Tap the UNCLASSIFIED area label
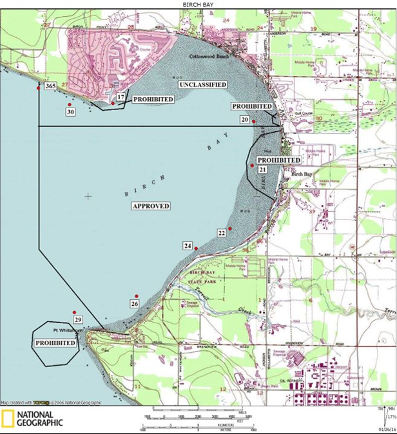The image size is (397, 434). pyautogui.click(x=202, y=84)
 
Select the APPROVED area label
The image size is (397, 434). pyautogui.click(x=151, y=206)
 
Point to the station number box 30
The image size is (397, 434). pyautogui.click(x=71, y=111)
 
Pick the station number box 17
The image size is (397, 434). pyautogui.click(x=121, y=97)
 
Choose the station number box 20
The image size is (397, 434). pyautogui.click(x=245, y=119)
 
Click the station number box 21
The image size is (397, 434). pyautogui.click(x=263, y=169)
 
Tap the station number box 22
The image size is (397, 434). pyautogui.click(x=221, y=233)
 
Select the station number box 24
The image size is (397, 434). pyautogui.click(x=188, y=245)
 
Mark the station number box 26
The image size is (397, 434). pyautogui.click(x=135, y=303)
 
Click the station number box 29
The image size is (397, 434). pyautogui.click(x=78, y=320)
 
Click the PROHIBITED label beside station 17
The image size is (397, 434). pyautogui.click(x=153, y=100)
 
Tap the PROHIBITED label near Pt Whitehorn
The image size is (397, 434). pyautogui.click(x=55, y=343)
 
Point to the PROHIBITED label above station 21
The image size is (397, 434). pyautogui.click(x=278, y=160)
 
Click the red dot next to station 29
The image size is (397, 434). pyautogui.click(x=75, y=312)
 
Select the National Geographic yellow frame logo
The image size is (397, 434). pyautogui.click(x=8, y=418)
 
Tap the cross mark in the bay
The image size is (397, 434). pyautogui.click(x=88, y=196)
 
